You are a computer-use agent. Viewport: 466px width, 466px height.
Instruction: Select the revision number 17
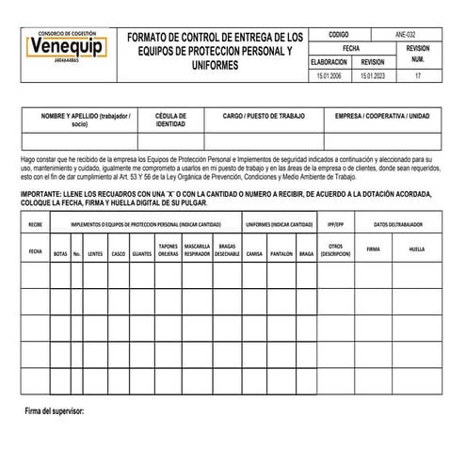(x=417, y=74)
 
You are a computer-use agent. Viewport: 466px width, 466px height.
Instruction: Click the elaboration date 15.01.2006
(x=330, y=74)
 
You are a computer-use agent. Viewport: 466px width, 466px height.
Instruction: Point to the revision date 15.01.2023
(x=373, y=74)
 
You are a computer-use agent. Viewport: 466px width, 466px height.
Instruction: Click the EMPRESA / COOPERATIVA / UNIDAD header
(x=381, y=115)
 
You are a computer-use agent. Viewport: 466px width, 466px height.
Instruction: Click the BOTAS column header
(x=60, y=253)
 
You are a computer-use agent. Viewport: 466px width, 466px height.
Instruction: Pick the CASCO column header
(x=119, y=253)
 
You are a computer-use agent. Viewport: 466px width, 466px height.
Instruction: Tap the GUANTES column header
(x=142, y=253)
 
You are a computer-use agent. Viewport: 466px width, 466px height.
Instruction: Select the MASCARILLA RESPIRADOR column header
(x=197, y=250)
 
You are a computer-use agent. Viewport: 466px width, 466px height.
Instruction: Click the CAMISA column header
(x=254, y=253)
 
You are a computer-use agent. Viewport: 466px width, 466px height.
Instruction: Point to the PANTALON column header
(x=281, y=253)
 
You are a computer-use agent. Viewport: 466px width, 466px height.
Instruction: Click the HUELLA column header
(x=417, y=249)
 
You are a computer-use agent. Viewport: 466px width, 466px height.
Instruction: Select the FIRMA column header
(x=373, y=249)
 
